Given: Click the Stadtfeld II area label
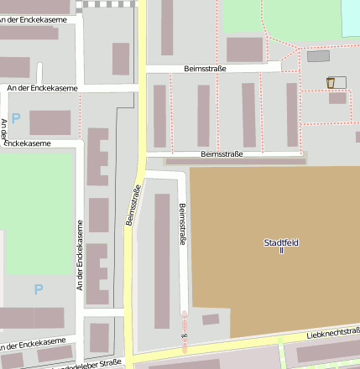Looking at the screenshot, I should click(281, 247).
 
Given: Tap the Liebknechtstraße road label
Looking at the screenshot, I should click(332, 333).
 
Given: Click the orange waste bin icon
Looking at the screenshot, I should click(331, 82).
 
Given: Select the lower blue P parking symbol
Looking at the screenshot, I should click(38, 289).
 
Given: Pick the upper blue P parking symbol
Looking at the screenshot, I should click(15, 119).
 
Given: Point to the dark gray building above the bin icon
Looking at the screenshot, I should click(318, 56).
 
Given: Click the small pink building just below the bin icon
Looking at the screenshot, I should click(337, 98).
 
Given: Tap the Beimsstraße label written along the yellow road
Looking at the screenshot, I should click(132, 205).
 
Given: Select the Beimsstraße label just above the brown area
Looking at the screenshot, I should click(222, 154).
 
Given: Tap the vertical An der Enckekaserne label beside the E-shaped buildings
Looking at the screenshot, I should click(81, 255).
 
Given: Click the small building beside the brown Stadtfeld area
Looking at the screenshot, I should click(211, 320).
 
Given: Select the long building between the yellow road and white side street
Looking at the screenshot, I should click(162, 260).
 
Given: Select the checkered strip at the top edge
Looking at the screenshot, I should click(107, 4).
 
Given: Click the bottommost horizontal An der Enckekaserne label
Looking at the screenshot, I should click(34, 342).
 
